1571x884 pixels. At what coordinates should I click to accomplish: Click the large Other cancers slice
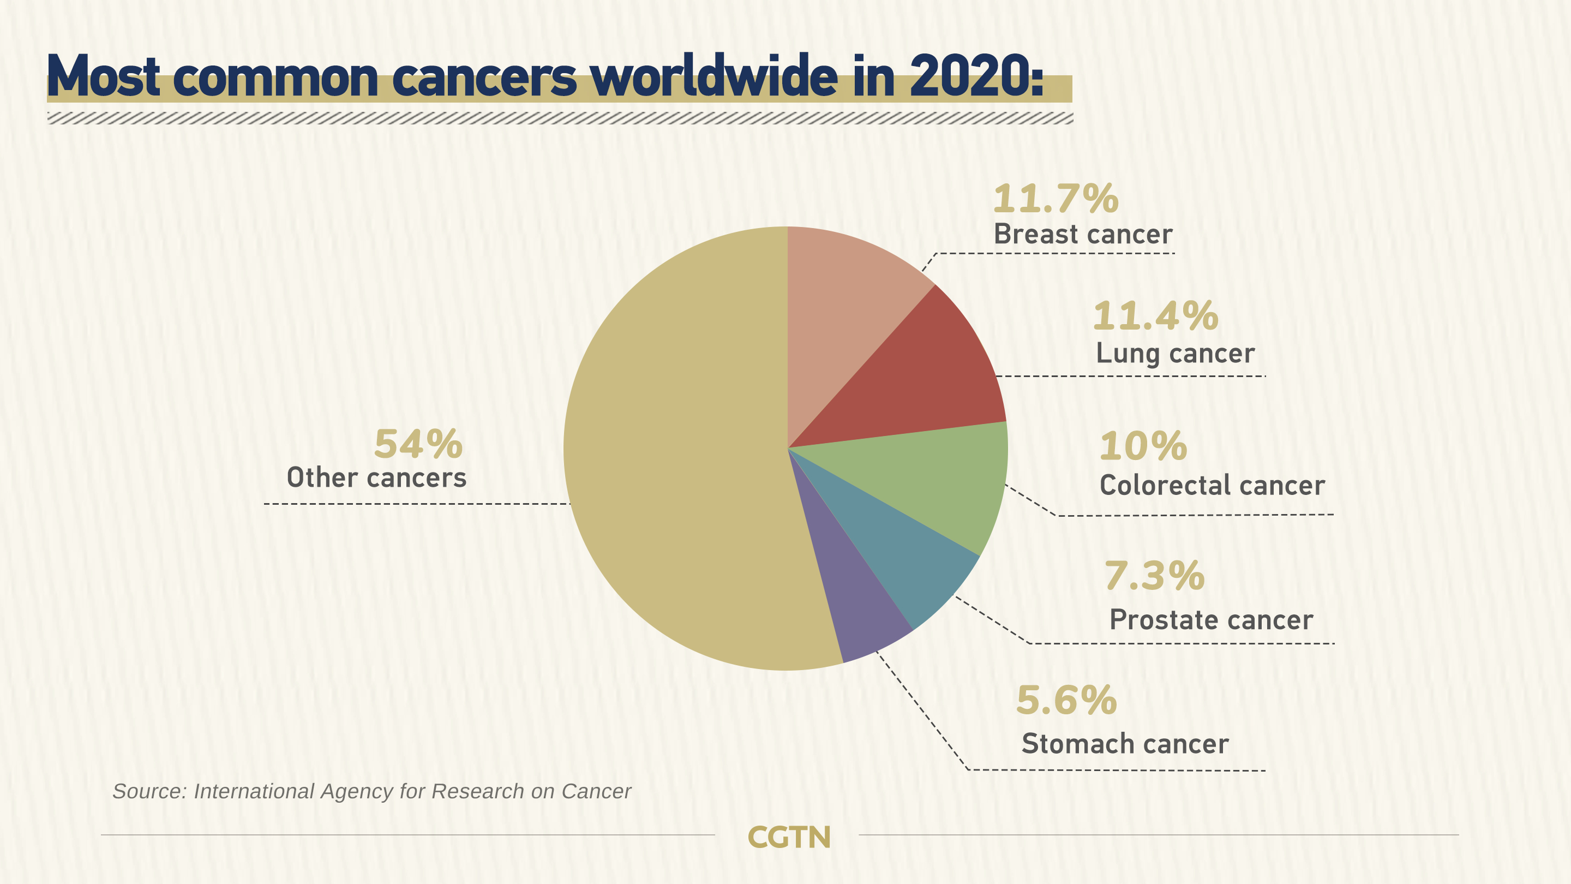671,451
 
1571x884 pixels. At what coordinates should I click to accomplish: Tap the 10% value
1143,446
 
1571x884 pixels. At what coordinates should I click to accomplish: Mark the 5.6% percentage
1066,700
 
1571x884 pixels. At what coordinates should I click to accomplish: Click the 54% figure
418,444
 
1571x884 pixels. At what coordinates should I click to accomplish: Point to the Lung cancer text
1175,353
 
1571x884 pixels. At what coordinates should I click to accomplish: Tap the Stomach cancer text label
1125,744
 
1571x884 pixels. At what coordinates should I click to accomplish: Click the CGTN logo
789,837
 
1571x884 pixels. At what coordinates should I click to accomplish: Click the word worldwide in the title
713,77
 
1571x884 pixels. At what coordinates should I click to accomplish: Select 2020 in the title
970,77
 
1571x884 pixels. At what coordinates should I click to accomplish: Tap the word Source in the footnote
149,791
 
